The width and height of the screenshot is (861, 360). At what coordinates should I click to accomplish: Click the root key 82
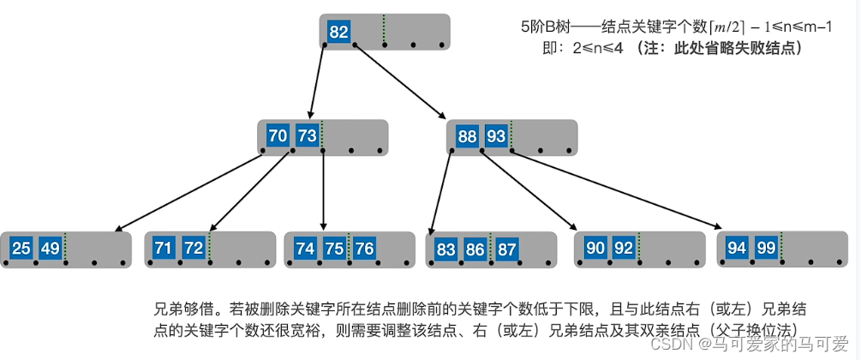pyautogui.click(x=338, y=33)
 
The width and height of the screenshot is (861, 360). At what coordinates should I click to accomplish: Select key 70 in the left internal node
pyautogui.click(x=278, y=136)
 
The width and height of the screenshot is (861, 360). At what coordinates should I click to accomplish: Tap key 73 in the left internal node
pyautogui.click(x=307, y=136)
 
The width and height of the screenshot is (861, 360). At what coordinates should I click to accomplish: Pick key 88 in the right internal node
pyautogui.click(x=467, y=136)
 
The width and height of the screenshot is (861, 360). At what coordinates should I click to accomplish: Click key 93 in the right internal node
pyautogui.click(x=496, y=136)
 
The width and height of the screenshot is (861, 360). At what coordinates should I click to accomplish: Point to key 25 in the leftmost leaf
pyautogui.click(x=21, y=249)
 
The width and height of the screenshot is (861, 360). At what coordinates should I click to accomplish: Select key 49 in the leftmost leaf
pyautogui.click(x=51, y=249)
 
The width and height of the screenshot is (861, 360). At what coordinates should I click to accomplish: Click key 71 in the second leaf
pyautogui.click(x=164, y=249)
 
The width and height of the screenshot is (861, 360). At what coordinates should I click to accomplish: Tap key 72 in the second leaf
pyautogui.click(x=194, y=249)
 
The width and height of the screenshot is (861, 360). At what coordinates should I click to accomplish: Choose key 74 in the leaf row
pyautogui.click(x=305, y=249)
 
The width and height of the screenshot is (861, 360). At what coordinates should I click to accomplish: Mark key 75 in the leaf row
pyautogui.click(x=334, y=249)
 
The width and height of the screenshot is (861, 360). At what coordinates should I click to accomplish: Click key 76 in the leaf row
pyautogui.click(x=364, y=249)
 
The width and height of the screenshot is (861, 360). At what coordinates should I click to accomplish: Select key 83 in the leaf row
pyautogui.click(x=445, y=249)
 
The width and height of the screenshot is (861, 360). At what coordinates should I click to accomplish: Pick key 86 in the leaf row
pyautogui.click(x=475, y=249)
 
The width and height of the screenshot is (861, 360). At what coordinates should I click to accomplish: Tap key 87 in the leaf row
pyautogui.click(x=506, y=249)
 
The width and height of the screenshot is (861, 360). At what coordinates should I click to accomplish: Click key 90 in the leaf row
pyautogui.click(x=595, y=249)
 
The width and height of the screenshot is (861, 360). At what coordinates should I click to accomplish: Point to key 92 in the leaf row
pyautogui.click(x=625, y=249)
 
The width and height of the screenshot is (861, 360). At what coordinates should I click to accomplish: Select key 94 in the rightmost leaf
pyautogui.click(x=737, y=249)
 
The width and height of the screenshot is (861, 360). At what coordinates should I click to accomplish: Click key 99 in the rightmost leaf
pyautogui.click(x=766, y=249)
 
